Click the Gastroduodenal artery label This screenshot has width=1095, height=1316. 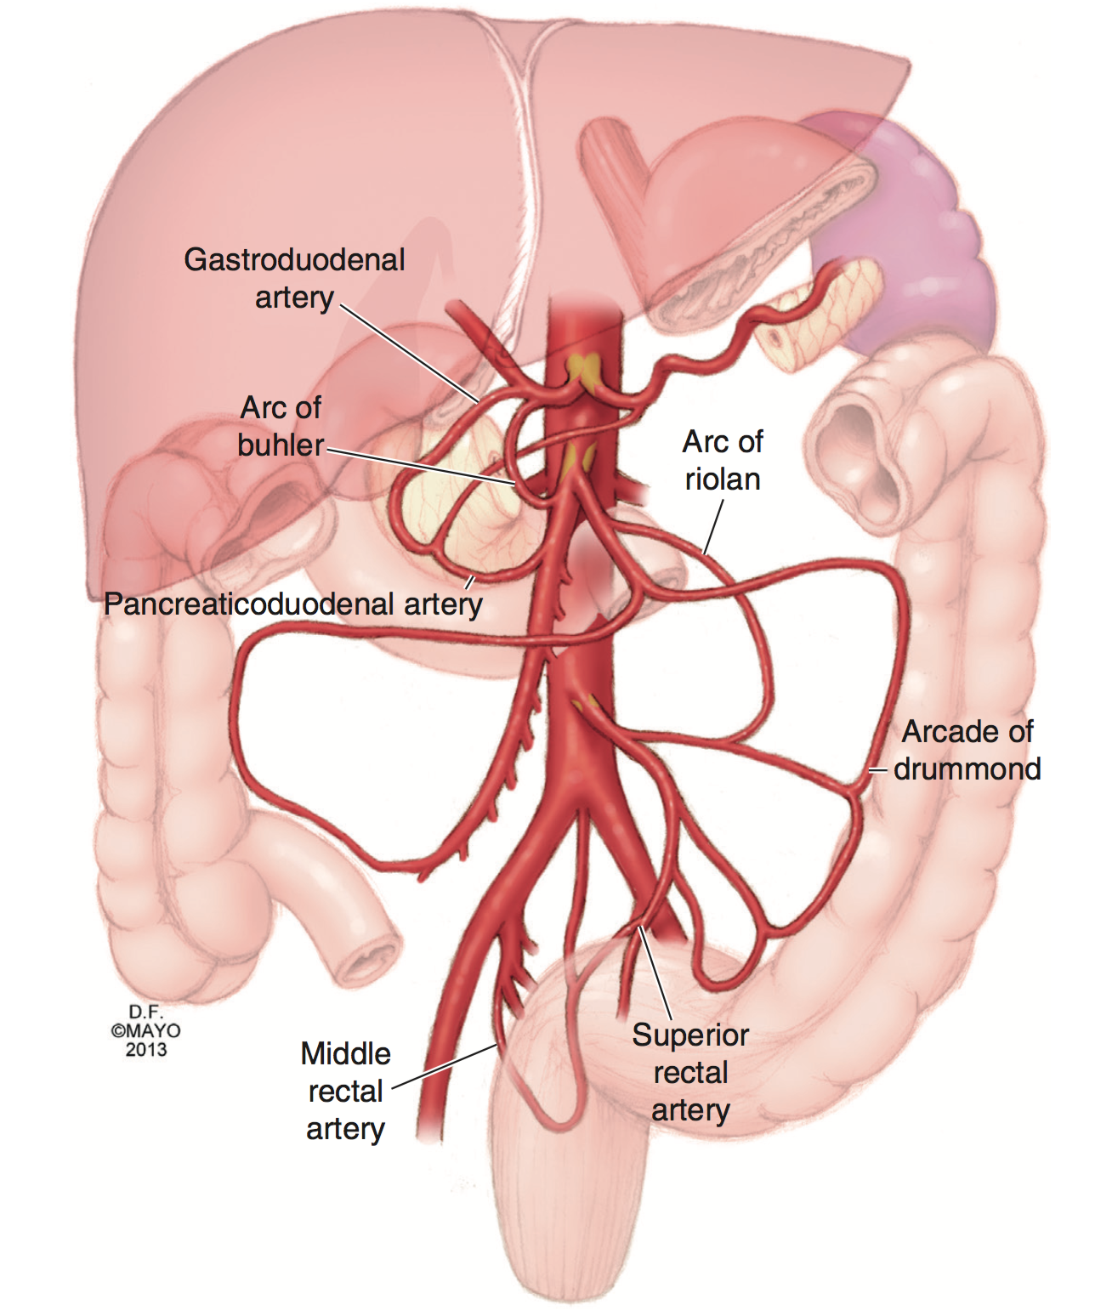pos(294,278)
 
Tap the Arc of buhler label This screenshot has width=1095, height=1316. pos(281,426)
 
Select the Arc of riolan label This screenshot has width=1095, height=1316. pos(722,460)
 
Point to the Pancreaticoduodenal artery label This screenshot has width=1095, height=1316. pos(293,604)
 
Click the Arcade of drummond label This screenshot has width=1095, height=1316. pos(967,750)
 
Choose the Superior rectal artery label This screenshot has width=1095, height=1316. pos(690,1072)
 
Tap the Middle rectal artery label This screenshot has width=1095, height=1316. pos(345,1091)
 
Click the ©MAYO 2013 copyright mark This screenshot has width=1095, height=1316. pos(145,1031)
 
